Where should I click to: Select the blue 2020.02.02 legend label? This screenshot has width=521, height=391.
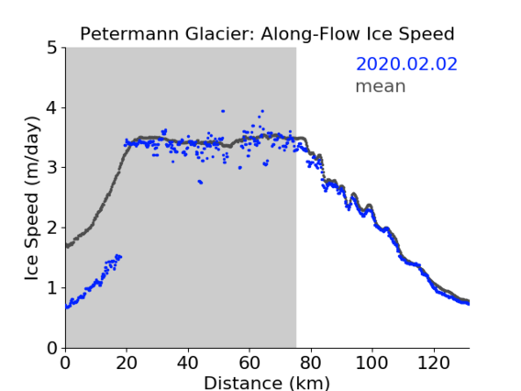(x=406, y=64)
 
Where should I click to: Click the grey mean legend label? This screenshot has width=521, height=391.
(x=381, y=86)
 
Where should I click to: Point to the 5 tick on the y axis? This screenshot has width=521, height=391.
(x=52, y=48)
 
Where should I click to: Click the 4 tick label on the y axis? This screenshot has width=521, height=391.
(x=52, y=108)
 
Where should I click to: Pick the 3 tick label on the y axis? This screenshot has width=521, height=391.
(x=52, y=168)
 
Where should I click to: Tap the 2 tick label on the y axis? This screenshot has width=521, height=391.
(x=52, y=228)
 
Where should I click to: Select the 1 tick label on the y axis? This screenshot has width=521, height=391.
(x=52, y=288)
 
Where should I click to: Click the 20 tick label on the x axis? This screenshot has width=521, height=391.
(x=127, y=363)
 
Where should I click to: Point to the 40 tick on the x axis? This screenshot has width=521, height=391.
(x=188, y=363)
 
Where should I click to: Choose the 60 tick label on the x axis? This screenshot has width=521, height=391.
(x=249, y=363)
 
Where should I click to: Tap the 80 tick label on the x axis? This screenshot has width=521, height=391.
(x=311, y=363)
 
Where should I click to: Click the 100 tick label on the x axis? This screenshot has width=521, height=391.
(x=371, y=363)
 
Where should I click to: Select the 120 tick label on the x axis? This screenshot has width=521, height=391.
(x=433, y=363)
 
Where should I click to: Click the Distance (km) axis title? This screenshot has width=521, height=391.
(x=267, y=383)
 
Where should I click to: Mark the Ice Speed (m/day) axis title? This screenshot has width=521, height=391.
(x=32, y=198)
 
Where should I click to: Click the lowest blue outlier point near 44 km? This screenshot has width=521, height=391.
(x=201, y=183)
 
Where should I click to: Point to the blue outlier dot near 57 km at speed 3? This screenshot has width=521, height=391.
(x=240, y=168)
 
